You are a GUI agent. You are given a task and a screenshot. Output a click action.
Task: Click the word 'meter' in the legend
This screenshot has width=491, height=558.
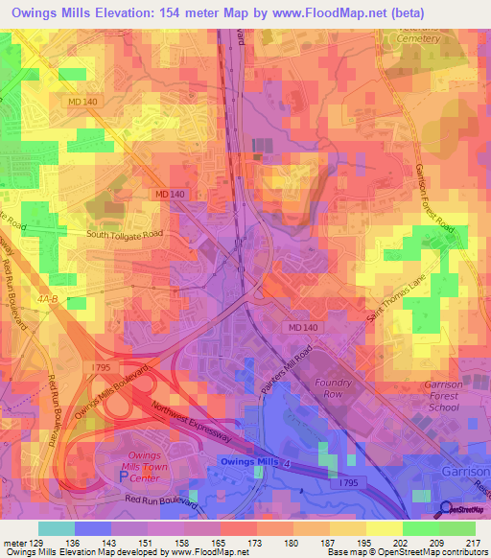[13, 544]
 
